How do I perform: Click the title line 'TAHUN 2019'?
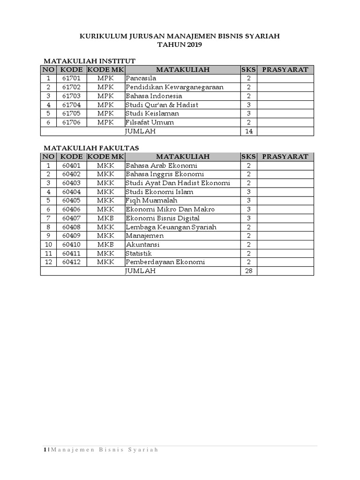click(x=180, y=45)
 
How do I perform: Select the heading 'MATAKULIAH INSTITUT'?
click(x=90, y=61)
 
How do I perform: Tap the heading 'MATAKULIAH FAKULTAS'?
click(x=91, y=148)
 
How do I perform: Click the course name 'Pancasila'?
click(x=141, y=78)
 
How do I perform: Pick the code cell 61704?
click(x=71, y=105)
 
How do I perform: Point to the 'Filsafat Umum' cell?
click(x=150, y=122)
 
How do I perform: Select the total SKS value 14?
click(x=249, y=131)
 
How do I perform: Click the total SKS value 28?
click(x=249, y=271)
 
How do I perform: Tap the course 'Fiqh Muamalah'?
click(x=151, y=201)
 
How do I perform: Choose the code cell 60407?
click(x=71, y=218)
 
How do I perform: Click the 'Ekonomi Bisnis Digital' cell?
click(x=162, y=218)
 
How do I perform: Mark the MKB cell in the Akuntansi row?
click(x=105, y=245)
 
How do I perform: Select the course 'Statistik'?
click(x=139, y=253)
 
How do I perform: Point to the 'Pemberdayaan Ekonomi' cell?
click(x=165, y=262)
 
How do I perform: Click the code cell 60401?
click(x=71, y=165)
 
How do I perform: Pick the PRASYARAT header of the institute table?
click(x=285, y=70)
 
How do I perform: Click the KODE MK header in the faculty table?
click(x=105, y=157)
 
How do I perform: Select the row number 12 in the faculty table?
click(x=48, y=262)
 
